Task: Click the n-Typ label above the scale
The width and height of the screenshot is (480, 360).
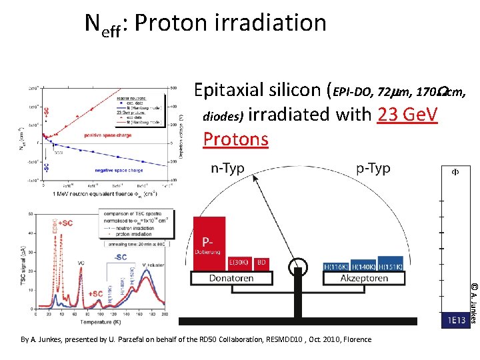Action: [227, 169]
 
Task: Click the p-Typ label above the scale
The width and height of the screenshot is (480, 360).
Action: [373, 169]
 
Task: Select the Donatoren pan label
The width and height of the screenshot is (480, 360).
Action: [231, 278]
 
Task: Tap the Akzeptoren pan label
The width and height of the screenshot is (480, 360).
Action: [364, 278]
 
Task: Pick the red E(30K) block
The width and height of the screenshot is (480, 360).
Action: [239, 263]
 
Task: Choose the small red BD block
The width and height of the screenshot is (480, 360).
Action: [262, 263]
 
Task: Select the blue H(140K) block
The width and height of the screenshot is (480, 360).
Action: [363, 265]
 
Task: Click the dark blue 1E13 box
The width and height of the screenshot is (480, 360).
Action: [456, 321]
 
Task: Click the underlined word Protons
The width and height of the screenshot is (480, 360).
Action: [235, 139]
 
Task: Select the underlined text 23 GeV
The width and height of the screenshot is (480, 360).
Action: [407, 115]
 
